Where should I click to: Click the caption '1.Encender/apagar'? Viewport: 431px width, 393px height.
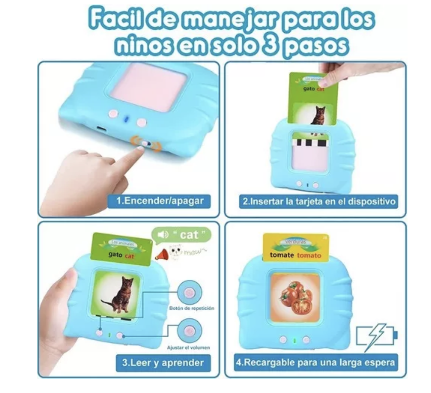(160, 201)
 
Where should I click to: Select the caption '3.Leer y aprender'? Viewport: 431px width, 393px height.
(163, 362)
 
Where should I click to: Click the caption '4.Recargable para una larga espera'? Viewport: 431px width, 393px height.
(315, 362)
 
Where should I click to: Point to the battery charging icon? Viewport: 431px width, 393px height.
(376, 337)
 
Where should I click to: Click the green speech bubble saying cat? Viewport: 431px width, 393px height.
(182, 235)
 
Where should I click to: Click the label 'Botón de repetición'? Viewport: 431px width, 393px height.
(191, 308)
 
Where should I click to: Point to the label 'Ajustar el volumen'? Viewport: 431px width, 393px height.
(188, 348)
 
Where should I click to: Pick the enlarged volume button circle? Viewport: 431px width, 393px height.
(190, 331)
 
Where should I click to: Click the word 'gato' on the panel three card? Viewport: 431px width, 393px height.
(115, 254)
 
